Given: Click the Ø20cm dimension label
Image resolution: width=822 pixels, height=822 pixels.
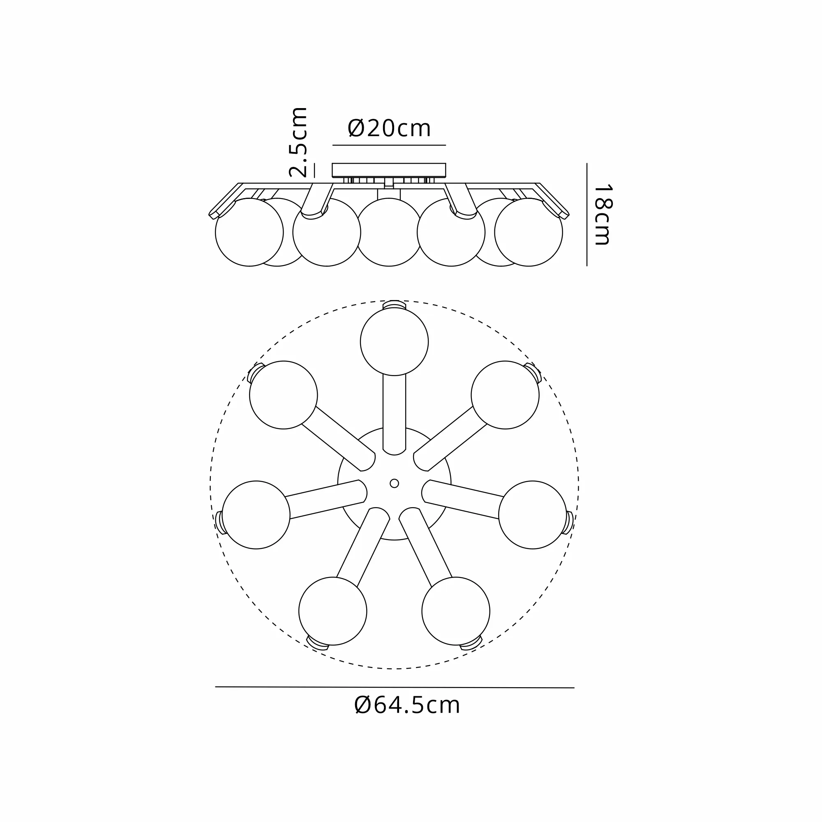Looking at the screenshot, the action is (x=389, y=128).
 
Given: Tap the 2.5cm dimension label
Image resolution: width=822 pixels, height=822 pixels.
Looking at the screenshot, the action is (x=298, y=142).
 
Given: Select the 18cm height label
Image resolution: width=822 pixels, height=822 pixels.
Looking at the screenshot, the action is (x=603, y=215).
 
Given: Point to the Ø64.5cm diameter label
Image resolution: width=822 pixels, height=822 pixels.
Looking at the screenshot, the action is (x=407, y=705).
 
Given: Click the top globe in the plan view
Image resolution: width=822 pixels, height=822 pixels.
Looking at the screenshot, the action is (x=395, y=342).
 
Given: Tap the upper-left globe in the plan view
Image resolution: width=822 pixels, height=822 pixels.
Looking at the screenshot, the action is (x=283, y=395).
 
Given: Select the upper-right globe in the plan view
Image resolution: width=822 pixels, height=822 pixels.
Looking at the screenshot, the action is (x=505, y=395).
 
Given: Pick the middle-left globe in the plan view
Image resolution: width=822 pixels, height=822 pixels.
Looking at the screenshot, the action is (x=256, y=515).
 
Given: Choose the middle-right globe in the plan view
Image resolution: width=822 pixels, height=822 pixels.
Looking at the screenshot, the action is (x=533, y=515).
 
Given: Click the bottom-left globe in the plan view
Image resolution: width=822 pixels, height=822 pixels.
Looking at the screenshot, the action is (x=333, y=611).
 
